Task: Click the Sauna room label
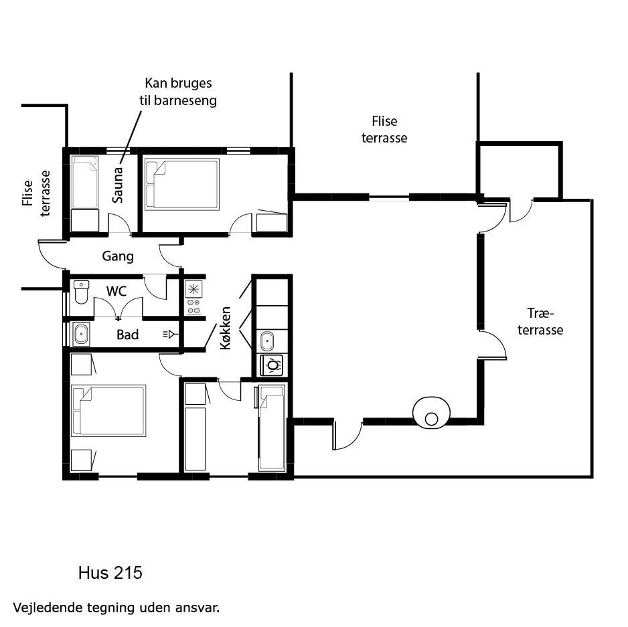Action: [x=117, y=185]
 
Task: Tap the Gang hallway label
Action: [x=118, y=256]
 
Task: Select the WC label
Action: [x=116, y=291]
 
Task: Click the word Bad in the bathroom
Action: [x=128, y=335]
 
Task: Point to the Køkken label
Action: [x=226, y=328]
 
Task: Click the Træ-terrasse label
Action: [x=540, y=321]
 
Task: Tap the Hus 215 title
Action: [x=110, y=573]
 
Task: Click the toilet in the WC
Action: [x=81, y=292]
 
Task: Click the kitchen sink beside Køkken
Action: [x=267, y=341]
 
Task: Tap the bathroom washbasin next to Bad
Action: [x=81, y=334]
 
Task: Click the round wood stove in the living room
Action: [x=431, y=413]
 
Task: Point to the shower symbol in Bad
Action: [x=170, y=334]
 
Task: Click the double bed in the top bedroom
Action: [x=182, y=184]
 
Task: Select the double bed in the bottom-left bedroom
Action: [x=108, y=410]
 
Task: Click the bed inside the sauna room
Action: [x=84, y=182]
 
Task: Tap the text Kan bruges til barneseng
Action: [x=178, y=92]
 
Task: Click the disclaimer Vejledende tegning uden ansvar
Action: [x=116, y=608]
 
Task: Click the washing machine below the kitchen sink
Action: [x=272, y=365]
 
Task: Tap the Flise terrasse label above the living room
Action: [x=384, y=129]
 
